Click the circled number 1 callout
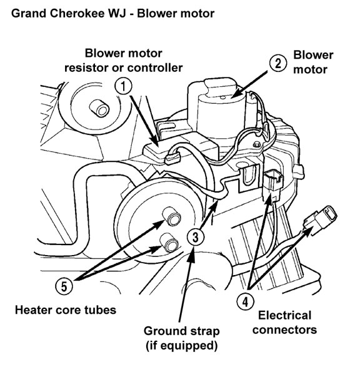(123, 86)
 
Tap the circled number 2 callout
(277, 63)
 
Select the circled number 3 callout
(196, 236)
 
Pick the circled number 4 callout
(245, 301)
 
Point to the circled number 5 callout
(64, 286)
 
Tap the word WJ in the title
(117, 13)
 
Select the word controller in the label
(155, 68)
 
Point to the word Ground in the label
(163, 331)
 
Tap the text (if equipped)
(181, 346)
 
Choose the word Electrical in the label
(284, 315)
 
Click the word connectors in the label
(284, 329)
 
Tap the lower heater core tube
(169, 243)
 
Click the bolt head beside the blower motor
(257, 144)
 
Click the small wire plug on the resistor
(173, 158)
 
